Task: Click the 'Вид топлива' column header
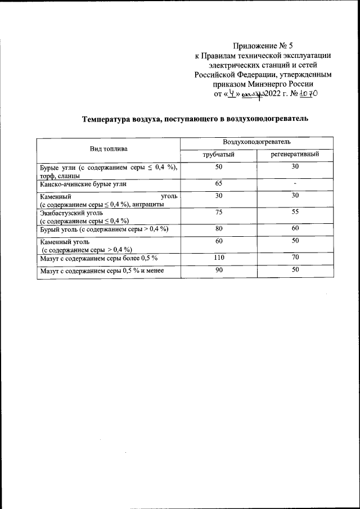click(109, 148)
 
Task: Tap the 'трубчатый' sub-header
click(218, 154)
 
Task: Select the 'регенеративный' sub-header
click(295, 154)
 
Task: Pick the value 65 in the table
click(219, 183)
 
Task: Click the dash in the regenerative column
click(295, 184)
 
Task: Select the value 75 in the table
click(219, 213)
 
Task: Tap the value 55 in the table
click(295, 213)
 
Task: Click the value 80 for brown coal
click(219, 229)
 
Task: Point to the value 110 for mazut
click(219, 258)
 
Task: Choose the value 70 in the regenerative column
click(295, 258)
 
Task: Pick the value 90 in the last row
click(219, 271)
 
